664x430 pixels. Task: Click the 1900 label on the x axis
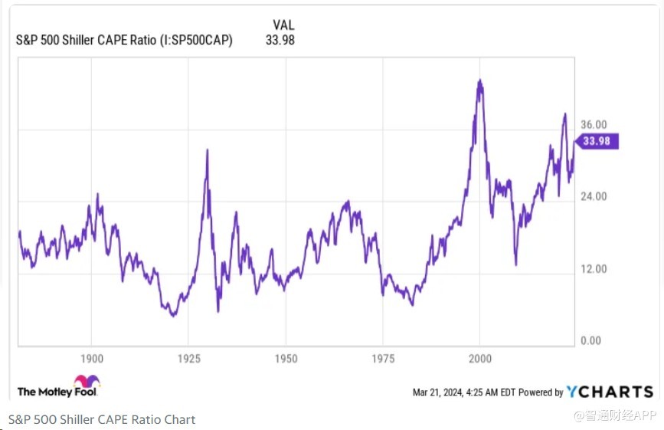pyautogui.click(x=92, y=359)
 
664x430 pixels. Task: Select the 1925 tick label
pyautogui.click(x=189, y=359)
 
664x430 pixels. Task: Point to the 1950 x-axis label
pyautogui.click(x=286, y=359)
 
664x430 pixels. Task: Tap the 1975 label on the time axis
pyautogui.click(x=383, y=359)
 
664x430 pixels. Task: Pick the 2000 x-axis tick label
pyautogui.click(x=479, y=359)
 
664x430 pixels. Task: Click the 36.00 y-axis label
pyautogui.click(x=594, y=125)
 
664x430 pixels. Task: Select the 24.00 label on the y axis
pyautogui.click(x=594, y=196)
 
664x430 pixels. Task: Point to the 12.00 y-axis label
pyautogui.click(x=594, y=269)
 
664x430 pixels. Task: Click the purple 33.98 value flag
pyautogui.click(x=598, y=141)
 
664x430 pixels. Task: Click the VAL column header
pyautogui.click(x=283, y=25)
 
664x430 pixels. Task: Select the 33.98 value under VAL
pyautogui.click(x=281, y=40)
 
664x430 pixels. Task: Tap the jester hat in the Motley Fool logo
pyautogui.click(x=87, y=382)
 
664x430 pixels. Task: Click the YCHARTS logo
pyautogui.click(x=610, y=392)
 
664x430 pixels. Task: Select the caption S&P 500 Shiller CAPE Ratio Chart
pyautogui.click(x=102, y=419)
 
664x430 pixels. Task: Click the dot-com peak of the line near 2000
pyautogui.click(x=479, y=80)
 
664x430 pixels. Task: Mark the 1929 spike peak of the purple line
pyautogui.click(x=207, y=149)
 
